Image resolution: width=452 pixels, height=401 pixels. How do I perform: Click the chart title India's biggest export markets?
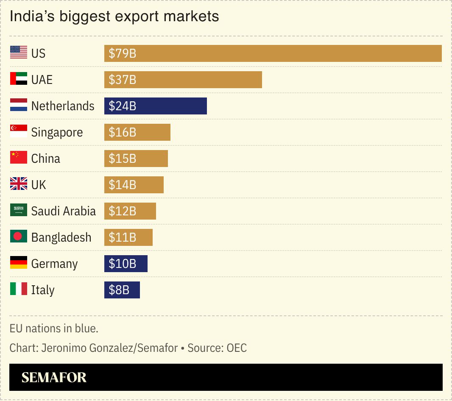point(114,17)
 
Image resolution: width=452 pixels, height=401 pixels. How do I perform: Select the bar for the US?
point(273,53)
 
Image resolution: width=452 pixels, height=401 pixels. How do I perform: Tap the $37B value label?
point(123,80)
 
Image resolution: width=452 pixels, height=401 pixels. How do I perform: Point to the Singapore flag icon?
point(19,131)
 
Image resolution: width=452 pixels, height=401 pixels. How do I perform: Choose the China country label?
point(46,159)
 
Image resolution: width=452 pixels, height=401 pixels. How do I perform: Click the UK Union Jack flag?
point(19,184)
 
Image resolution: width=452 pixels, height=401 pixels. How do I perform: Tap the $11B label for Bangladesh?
point(123,237)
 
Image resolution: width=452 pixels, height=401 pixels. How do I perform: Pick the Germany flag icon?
point(19,263)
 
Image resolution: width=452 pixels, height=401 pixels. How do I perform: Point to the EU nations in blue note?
point(54,329)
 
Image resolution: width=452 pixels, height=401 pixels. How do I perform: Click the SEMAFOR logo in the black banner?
point(54,377)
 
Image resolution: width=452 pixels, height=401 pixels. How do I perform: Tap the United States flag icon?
point(19,53)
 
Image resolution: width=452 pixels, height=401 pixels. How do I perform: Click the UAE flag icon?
point(19,79)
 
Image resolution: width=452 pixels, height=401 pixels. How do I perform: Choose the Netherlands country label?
point(63,106)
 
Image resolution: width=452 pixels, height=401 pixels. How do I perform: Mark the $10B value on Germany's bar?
point(123,264)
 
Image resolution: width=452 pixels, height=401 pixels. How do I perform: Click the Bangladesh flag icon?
point(19,237)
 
